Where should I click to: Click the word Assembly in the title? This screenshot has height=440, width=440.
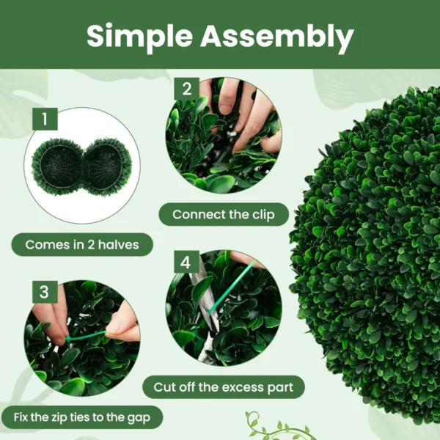pyautogui.click(x=277, y=36)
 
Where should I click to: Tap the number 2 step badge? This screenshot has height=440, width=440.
pyautogui.click(x=186, y=89)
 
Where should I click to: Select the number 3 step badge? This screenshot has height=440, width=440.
pyautogui.click(x=45, y=292)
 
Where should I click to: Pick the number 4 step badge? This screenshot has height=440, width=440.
pyautogui.click(x=186, y=262)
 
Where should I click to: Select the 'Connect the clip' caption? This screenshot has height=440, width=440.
pyautogui.click(x=223, y=215)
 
